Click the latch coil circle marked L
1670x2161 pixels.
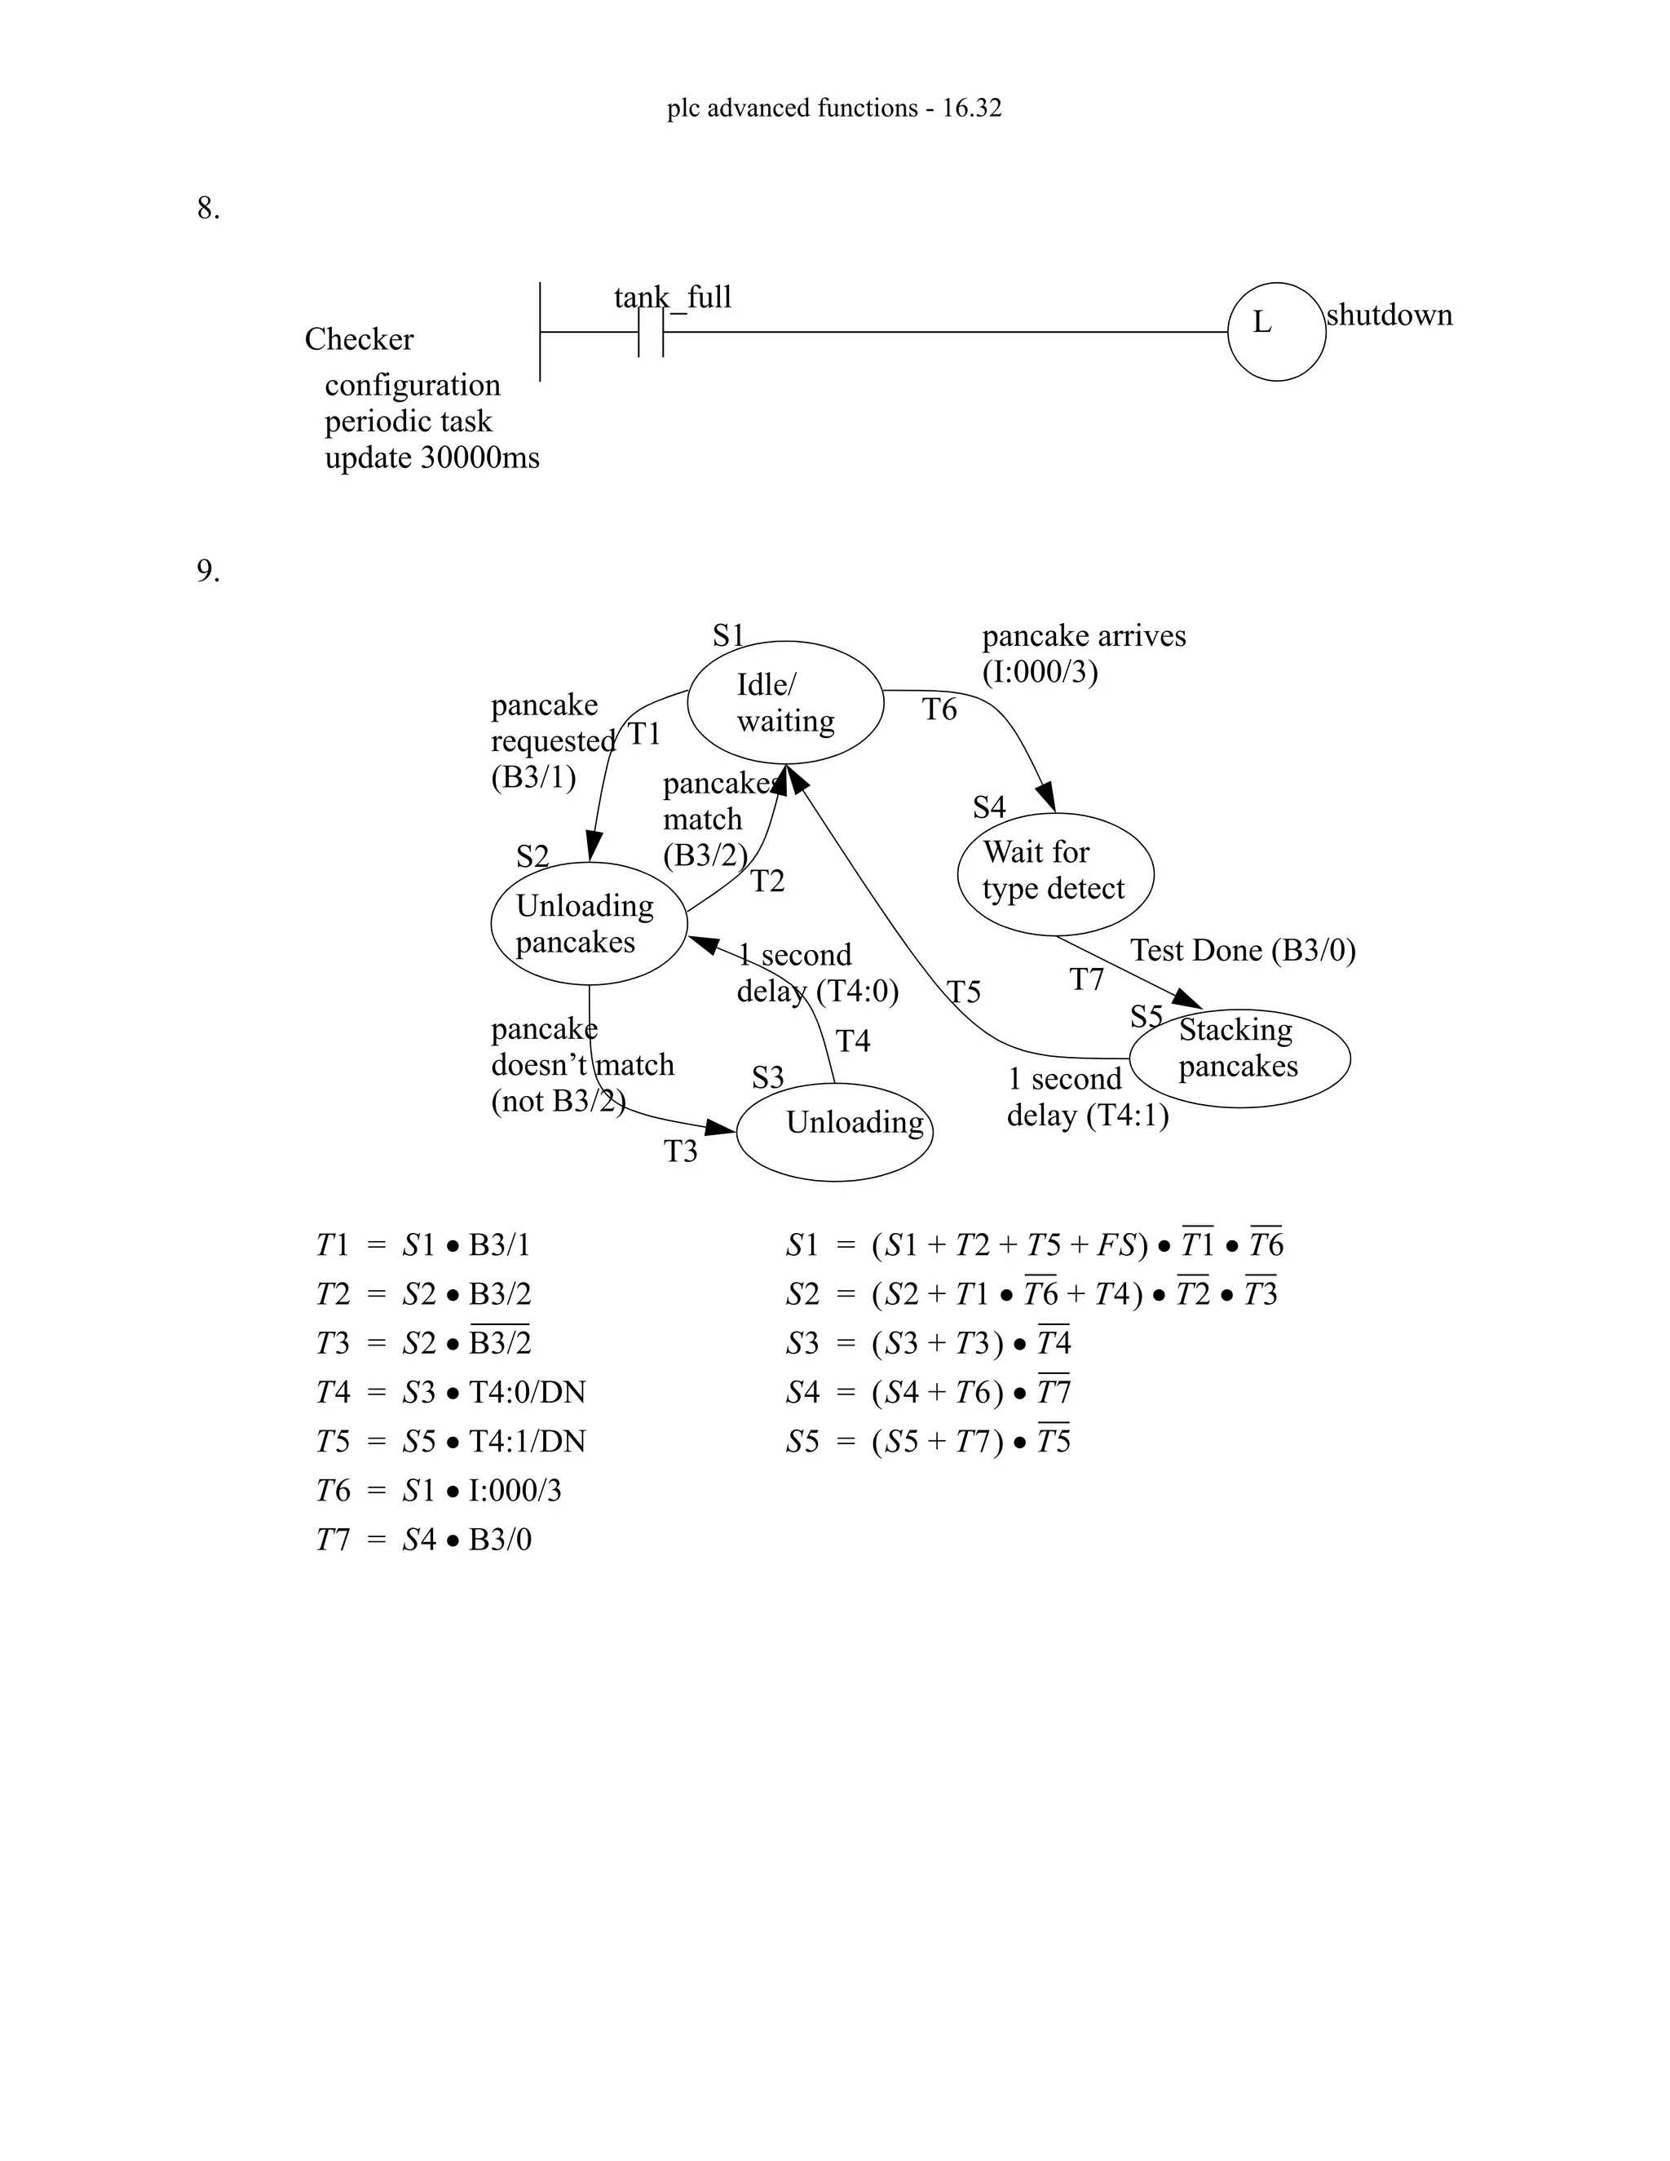coord(1275,331)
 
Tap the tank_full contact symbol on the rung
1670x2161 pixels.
coord(651,333)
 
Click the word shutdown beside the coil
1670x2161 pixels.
coord(1389,316)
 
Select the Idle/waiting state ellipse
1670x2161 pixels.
coord(784,702)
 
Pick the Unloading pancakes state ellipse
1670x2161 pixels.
coord(589,923)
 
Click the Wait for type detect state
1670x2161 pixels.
coord(1054,873)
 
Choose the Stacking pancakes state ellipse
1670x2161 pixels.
coord(1239,1057)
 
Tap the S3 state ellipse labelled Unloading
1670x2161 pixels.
coord(835,1130)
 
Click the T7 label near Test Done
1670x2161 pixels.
coord(1086,979)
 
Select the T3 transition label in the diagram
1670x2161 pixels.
coord(681,1151)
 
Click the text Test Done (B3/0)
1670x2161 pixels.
coord(1243,951)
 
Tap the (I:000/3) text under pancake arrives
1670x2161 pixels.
coord(1040,673)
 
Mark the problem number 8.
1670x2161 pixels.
coord(208,209)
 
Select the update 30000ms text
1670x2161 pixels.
coord(432,458)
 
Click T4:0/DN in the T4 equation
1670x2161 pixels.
coord(528,1392)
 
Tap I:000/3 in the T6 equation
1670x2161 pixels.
coord(515,1490)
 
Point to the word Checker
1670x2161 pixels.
coord(359,339)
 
